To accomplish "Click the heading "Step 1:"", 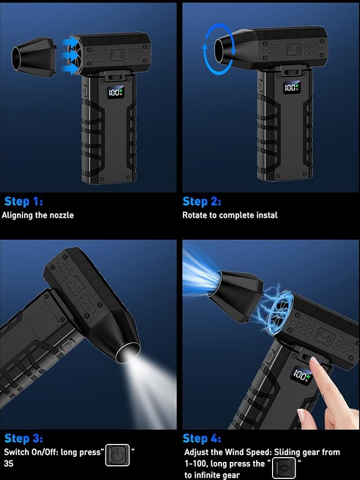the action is [x=23, y=202].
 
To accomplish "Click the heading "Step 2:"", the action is [x=202, y=202].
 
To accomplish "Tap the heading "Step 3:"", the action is [x=23, y=438].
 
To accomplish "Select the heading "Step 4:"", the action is [x=202, y=438].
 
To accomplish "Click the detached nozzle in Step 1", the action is [x=34, y=57].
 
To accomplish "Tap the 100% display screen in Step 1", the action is [x=115, y=92].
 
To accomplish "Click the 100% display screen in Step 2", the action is [x=291, y=87].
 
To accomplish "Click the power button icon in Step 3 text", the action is [x=117, y=455].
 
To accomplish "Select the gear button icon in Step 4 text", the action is [x=284, y=468].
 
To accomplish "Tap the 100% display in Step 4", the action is [x=302, y=375].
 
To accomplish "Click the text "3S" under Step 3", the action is [x=9, y=464].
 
